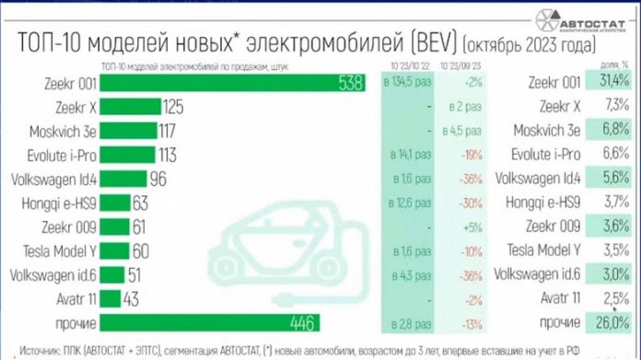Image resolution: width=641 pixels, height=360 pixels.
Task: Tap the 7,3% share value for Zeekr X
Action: pyautogui.click(x=612, y=108)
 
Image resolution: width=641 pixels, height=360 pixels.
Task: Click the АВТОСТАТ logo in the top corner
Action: pyautogui.click(x=589, y=18)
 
